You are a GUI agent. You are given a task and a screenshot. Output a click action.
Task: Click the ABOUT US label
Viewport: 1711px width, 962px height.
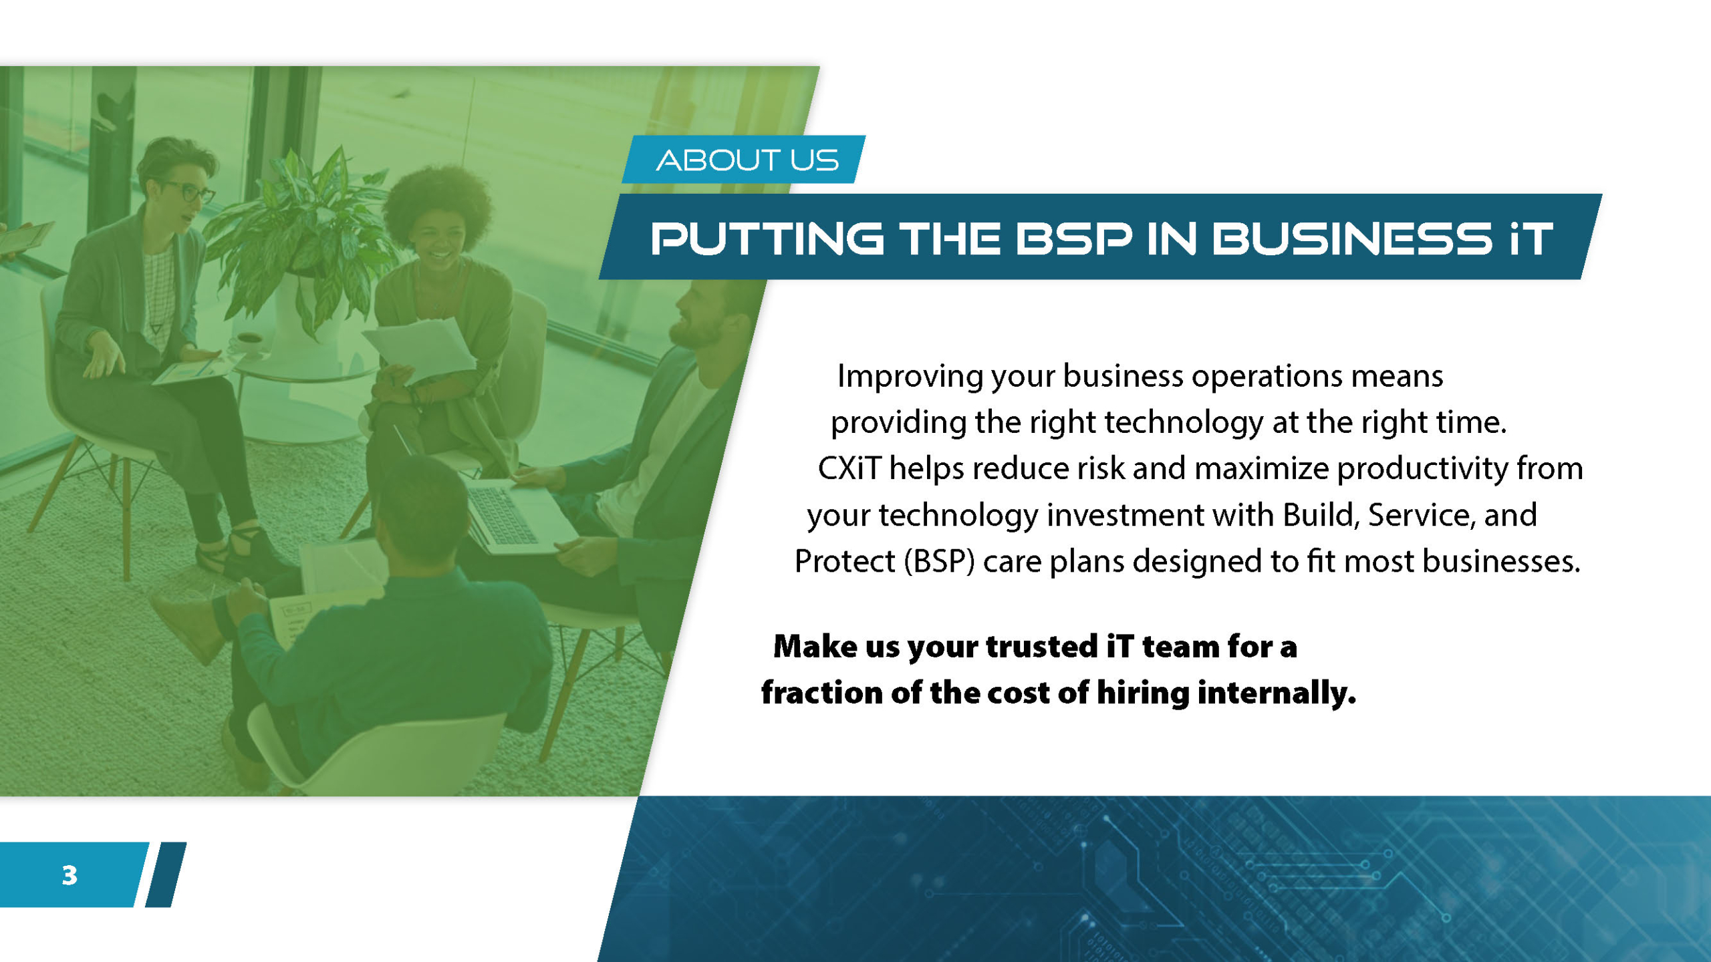[x=747, y=160]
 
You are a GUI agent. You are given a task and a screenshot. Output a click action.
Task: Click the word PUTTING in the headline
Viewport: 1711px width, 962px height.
[x=767, y=238]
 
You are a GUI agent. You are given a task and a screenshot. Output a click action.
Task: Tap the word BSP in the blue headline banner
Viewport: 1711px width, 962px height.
[x=1074, y=238]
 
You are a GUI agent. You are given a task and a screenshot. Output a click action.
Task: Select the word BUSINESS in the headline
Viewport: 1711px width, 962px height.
[x=1351, y=238]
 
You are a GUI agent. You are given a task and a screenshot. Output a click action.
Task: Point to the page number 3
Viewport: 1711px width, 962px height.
[x=70, y=875]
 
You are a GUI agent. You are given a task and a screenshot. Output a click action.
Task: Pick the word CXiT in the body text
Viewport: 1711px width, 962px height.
[x=849, y=468]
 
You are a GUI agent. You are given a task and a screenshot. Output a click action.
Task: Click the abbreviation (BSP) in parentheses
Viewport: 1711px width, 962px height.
[x=939, y=561]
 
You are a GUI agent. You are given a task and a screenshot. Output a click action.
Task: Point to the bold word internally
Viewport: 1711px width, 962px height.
[x=1277, y=693]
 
